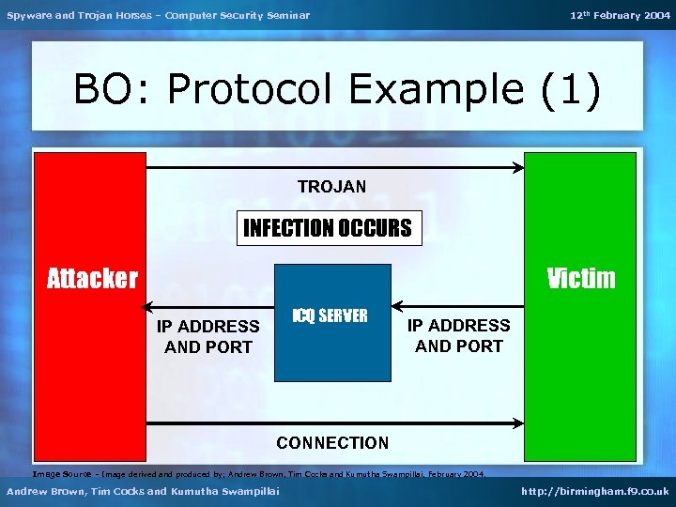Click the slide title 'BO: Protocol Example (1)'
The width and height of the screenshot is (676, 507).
(336, 90)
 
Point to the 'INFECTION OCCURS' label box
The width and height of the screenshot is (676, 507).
(328, 227)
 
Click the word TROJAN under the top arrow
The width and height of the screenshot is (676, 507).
(331, 187)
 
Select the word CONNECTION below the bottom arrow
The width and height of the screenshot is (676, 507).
(331, 442)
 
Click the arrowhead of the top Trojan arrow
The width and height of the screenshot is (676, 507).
(518, 168)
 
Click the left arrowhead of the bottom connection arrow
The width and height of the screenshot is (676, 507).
(152, 423)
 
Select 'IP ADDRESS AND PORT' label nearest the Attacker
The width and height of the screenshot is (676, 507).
(207, 336)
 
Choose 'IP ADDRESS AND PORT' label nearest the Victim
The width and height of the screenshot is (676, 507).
(458, 335)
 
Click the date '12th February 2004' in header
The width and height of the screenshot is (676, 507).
(621, 15)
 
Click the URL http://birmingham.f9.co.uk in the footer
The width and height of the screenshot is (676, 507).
(593, 492)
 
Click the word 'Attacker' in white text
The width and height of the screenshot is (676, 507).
(92, 278)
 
